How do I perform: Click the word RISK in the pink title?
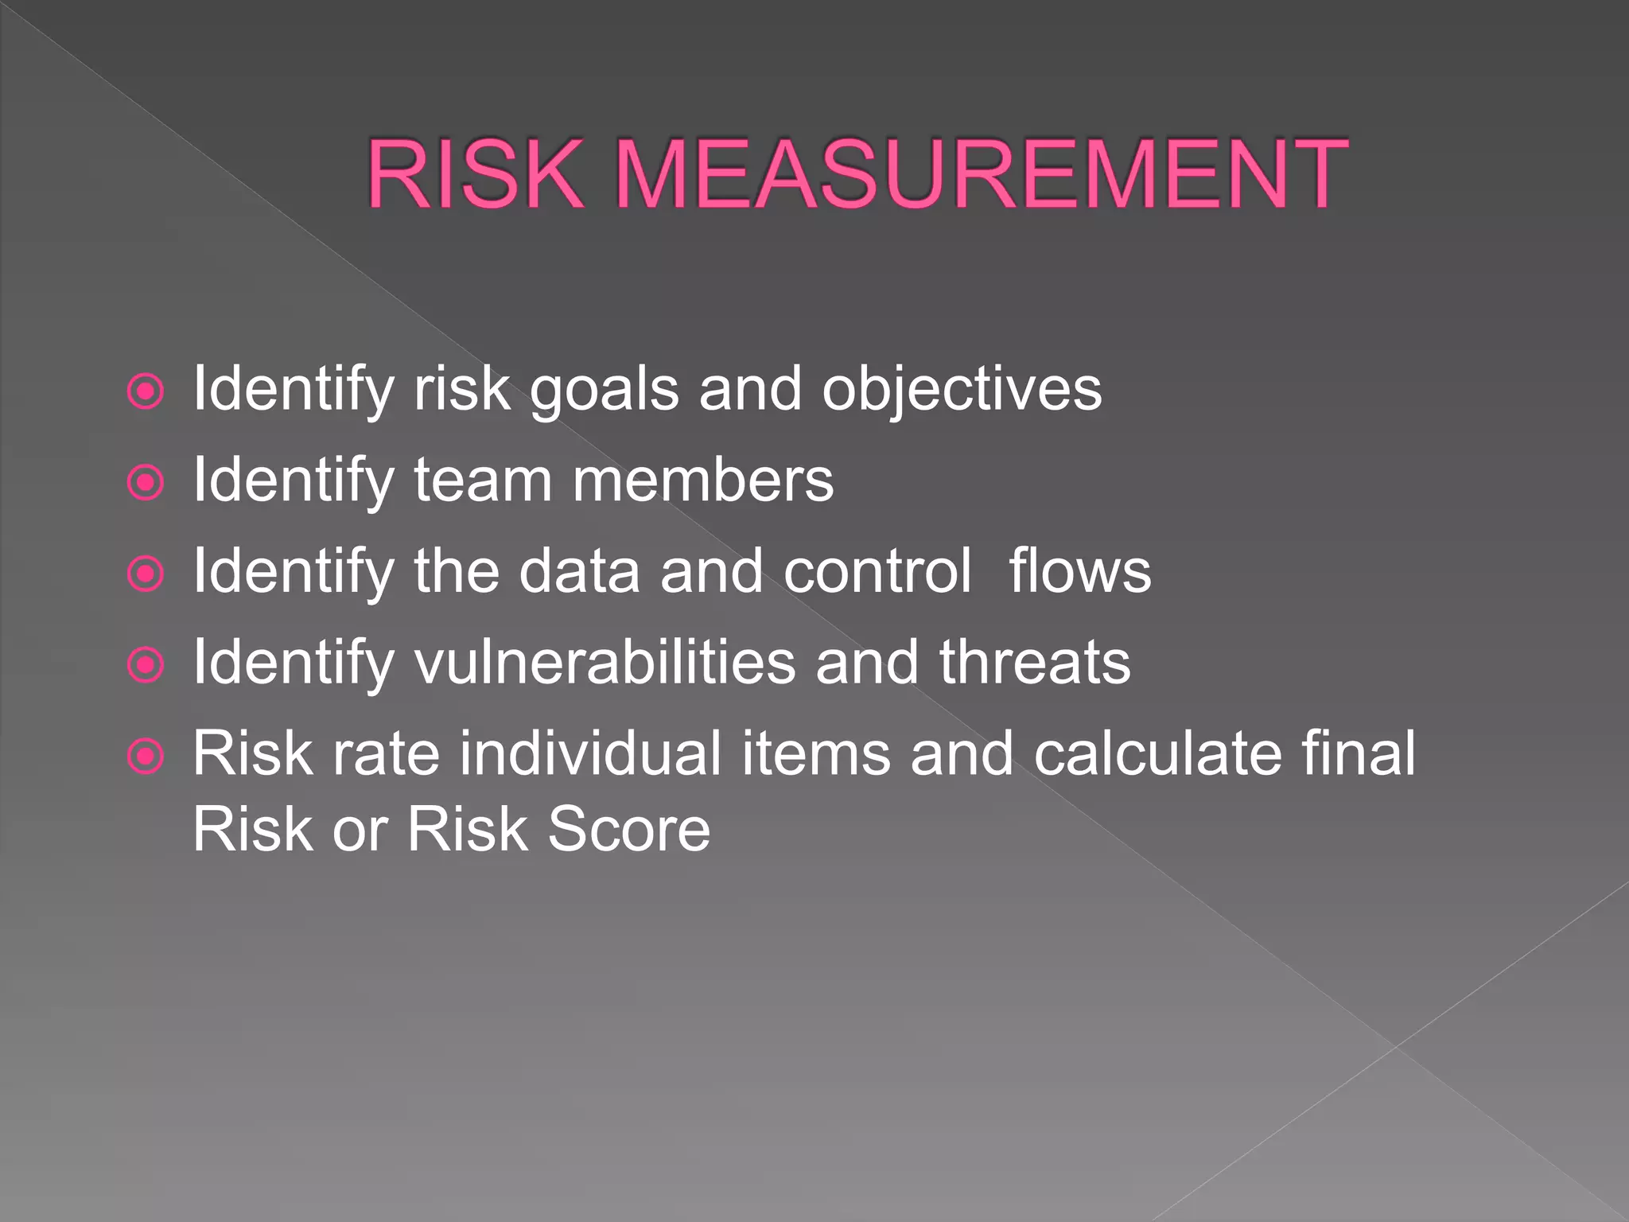[x=475, y=174]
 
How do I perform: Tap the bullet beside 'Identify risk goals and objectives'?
[x=146, y=391]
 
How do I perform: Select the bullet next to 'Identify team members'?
[x=146, y=482]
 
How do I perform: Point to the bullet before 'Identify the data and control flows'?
[x=146, y=574]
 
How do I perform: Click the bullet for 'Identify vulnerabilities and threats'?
[x=146, y=665]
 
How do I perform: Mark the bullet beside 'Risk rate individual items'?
[x=146, y=757]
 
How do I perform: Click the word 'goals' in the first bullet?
[x=605, y=391]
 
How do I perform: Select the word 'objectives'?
[x=962, y=391]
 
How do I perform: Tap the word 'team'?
[x=483, y=482]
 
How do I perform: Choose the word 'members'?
[x=703, y=482]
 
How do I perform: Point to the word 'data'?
[x=579, y=573]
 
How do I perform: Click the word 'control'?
[x=877, y=573]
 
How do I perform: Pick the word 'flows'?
[x=1079, y=573]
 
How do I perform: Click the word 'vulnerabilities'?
[x=605, y=664]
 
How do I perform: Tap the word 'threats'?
[x=1034, y=664]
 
